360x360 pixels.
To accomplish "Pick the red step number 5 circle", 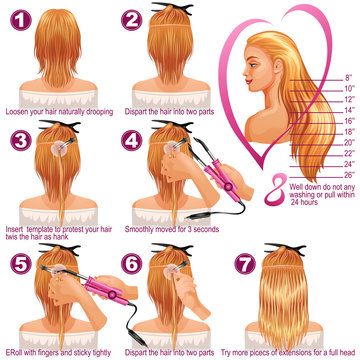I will (x=17, y=263).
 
